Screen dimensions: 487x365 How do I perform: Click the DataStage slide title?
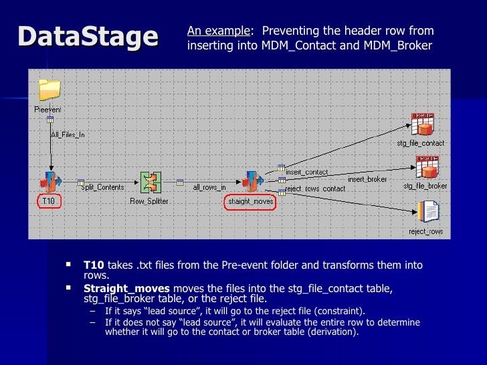[x=88, y=36]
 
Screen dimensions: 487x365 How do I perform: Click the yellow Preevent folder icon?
[x=50, y=90]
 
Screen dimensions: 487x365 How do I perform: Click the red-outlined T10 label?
[x=48, y=201]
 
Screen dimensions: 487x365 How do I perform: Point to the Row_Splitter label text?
[x=149, y=201]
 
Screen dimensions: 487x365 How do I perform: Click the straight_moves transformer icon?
[x=251, y=181]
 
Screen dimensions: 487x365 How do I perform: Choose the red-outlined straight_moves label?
[x=248, y=202]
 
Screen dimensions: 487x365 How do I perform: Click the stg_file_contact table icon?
[x=423, y=124]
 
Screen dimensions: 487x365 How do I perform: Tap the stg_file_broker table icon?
[x=425, y=167]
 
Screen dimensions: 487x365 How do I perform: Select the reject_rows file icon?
[x=427, y=212]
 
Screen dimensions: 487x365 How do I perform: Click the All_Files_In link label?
[x=68, y=134]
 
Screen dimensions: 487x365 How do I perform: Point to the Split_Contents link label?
[x=102, y=188]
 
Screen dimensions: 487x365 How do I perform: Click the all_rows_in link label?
[x=209, y=188]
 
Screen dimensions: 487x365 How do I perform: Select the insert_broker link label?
[x=366, y=179]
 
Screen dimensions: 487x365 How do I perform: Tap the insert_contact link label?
[x=306, y=172]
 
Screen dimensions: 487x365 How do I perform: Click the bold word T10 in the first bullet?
[x=94, y=265]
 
